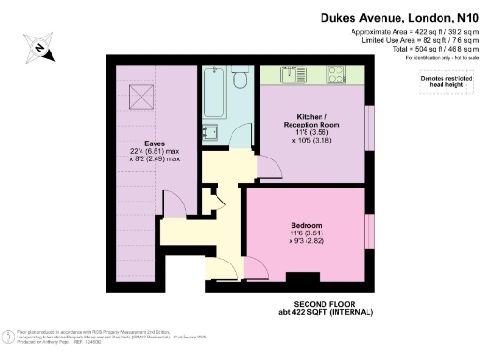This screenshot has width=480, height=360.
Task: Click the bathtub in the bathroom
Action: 213,95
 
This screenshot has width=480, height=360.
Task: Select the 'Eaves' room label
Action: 155,144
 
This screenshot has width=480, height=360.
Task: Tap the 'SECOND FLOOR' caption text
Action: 322,306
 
